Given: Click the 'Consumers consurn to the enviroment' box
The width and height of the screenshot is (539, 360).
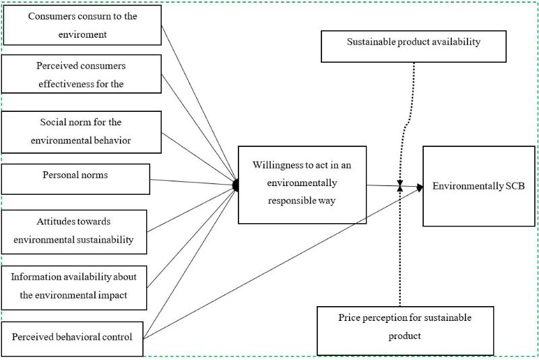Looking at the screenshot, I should (82, 25).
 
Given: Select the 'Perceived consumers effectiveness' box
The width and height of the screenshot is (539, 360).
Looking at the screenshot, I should (82, 74).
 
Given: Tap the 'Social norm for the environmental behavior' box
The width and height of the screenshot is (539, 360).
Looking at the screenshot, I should (82, 131).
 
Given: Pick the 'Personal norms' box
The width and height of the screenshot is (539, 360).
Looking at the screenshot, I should (75, 179).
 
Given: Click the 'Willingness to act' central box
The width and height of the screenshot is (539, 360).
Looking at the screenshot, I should (303, 184).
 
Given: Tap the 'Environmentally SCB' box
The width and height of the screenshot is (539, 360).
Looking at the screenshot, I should (478, 185).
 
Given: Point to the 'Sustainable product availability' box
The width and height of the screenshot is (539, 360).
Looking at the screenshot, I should (414, 46).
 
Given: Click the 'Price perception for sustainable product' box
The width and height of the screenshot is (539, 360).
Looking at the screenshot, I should (405, 330).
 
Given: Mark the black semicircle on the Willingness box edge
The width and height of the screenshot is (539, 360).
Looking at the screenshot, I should (236, 184).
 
